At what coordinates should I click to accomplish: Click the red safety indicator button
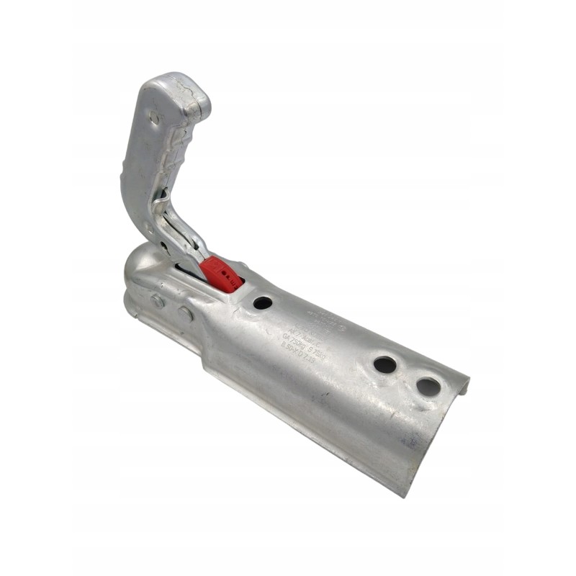coord(220,274)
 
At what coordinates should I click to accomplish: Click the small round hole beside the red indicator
coord(263,302)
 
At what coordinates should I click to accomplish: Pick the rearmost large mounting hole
coord(428,387)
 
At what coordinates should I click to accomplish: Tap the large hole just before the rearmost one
coord(385,364)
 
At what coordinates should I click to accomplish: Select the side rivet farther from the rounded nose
coord(186,314)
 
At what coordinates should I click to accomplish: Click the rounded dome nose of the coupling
coord(140,266)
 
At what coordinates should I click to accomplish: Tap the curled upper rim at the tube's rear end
coord(461,382)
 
